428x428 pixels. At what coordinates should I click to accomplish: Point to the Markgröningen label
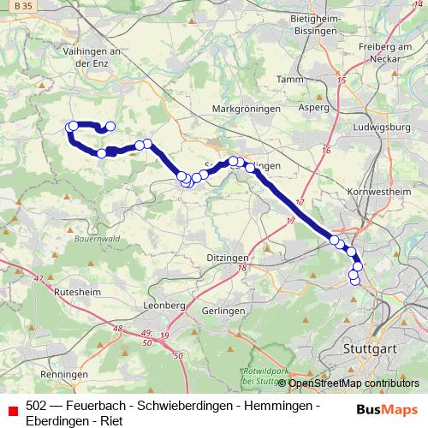247,110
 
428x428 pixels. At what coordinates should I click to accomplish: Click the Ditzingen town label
227,257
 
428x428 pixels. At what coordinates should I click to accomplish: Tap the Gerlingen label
225,311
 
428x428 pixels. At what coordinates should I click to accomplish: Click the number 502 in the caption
37,405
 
